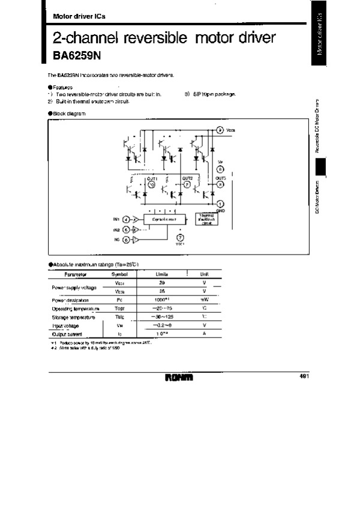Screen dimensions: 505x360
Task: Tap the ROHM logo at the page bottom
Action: (180, 378)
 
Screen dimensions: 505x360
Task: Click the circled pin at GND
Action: (220, 204)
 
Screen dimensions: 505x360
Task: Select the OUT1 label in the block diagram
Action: (152, 178)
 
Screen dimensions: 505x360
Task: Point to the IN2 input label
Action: (116, 229)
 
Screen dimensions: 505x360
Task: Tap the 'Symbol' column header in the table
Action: (121, 274)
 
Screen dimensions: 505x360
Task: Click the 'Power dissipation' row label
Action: (71, 300)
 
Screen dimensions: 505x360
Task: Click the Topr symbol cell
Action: (120, 308)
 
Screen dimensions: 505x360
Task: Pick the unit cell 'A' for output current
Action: (204, 333)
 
